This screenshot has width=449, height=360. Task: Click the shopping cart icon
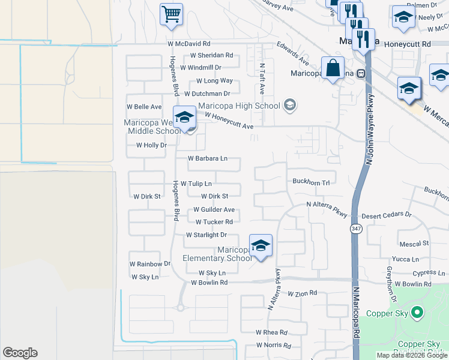click(x=171, y=14)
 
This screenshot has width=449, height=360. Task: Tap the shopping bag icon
click(x=332, y=67)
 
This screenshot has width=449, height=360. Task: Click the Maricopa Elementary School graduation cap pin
click(x=261, y=245)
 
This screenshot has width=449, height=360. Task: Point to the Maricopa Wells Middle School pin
click(x=184, y=117)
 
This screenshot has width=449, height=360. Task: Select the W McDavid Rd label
click(x=189, y=44)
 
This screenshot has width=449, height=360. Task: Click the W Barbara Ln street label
click(x=208, y=159)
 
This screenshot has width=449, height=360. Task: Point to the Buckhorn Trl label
click(x=311, y=181)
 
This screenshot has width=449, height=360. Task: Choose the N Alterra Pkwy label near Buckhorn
click(x=327, y=205)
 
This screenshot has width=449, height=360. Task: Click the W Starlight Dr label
click(x=206, y=235)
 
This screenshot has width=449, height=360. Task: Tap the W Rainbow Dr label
click(x=150, y=264)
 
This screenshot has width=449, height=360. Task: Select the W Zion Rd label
click(x=301, y=294)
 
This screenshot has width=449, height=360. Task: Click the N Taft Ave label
click(x=262, y=79)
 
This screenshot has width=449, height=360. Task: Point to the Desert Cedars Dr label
click(x=386, y=214)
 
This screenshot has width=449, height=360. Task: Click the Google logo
click(x=20, y=353)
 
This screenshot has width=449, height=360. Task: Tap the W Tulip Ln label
click(x=196, y=184)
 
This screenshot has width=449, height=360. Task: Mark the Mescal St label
click(x=414, y=244)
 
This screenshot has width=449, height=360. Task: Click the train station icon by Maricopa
click(x=361, y=73)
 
